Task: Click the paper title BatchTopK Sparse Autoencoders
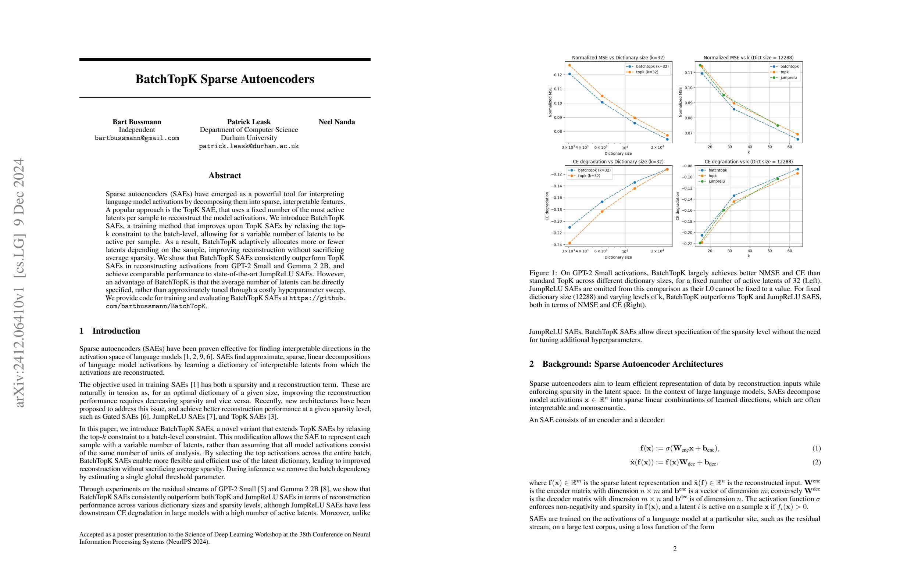225,79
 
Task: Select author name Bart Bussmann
136,122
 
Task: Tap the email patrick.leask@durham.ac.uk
249,146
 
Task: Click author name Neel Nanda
336,122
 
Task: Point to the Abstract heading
225,175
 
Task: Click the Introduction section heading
116,331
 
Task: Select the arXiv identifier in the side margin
19,282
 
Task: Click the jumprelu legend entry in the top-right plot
788,78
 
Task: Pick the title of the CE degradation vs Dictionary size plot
618,162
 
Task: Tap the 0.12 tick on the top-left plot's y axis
558,75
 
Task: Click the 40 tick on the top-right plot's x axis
750,147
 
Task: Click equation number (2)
817,462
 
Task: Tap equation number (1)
817,448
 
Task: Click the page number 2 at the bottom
675,549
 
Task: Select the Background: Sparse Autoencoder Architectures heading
632,364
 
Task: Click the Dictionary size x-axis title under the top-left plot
618,154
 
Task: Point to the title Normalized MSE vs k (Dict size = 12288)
749,58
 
